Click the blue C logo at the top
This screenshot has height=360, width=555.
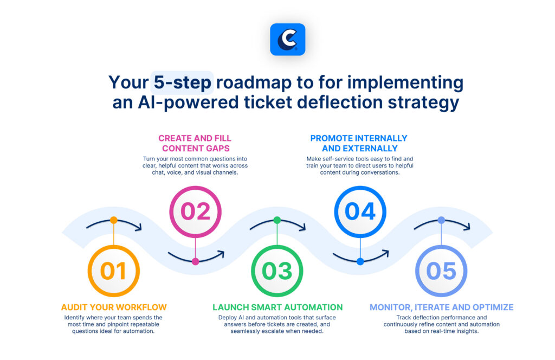(x=287, y=40)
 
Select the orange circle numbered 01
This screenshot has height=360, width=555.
(x=113, y=271)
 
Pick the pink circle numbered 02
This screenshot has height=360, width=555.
(x=195, y=211)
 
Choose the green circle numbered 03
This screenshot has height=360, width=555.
(x=277, y=271)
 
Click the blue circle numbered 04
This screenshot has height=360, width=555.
(x=360, y=211)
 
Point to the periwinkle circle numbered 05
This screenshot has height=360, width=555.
(x=441, y=271)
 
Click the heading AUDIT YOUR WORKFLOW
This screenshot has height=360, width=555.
(x=113, y=307)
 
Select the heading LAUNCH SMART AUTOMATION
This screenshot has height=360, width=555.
(x=277, y=307)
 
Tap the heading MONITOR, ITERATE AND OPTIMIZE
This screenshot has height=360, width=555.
(x=441, y=307)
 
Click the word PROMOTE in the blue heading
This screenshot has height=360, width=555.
(x=332, y=138)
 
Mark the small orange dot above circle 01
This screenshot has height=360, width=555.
(x=113, y=220)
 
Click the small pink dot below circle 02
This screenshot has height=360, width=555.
(x=195, y=261)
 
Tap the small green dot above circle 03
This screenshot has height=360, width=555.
(x=277, y=220)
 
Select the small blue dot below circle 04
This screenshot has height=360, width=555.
(x=360, y=261)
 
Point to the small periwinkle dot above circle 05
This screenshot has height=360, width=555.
(x=441, y=220)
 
